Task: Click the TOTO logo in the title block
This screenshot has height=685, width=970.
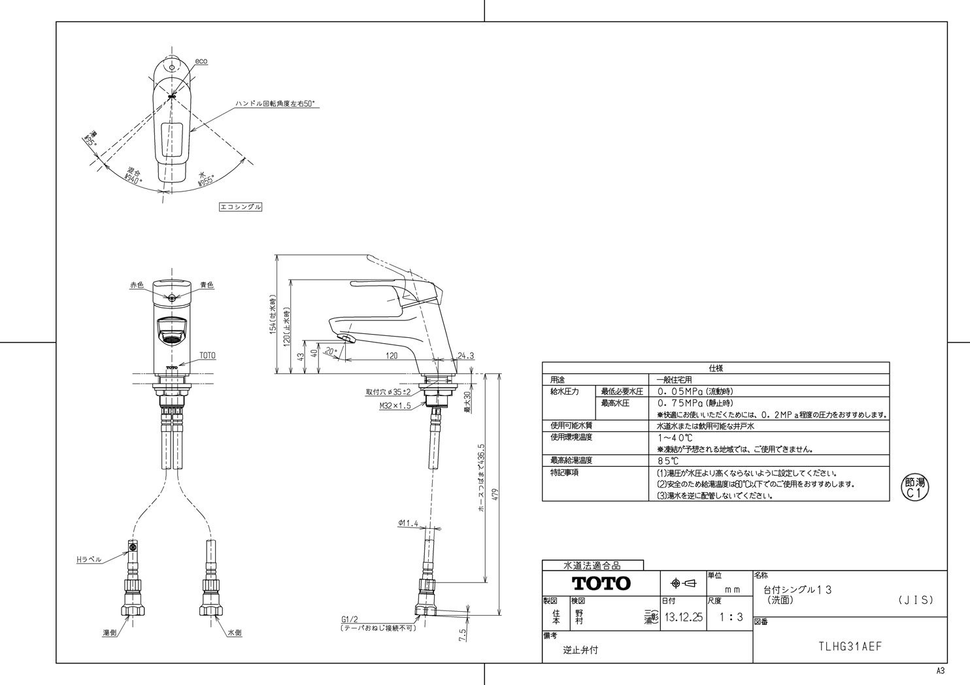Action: [x=601, y=583]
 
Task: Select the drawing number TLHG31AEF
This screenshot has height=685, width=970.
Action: [x=850, y=646]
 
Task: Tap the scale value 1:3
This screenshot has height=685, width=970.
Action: [x=731, y=617]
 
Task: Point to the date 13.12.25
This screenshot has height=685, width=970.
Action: [x=682, y=617]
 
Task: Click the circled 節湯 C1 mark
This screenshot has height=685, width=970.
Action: [x=915, y=488]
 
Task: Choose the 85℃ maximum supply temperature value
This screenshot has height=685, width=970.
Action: [x=668, y=461]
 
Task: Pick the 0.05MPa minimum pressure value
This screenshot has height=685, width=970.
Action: [x=680, y=392]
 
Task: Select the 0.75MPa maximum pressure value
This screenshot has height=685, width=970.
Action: [x=680, y=403]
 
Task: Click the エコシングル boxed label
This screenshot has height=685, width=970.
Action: [x=241, y=207]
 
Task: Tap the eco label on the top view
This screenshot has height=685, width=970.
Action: [x=201, y=61]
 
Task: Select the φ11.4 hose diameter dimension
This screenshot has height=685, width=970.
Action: [x=407, y=524]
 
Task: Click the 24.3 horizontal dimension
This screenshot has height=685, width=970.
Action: [x=465, y=356]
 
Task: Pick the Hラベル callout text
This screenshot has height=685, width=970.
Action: [x=88, y=560]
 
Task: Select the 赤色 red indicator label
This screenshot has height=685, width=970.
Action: [x=136, y=286]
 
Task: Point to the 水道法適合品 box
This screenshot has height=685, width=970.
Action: [x=592, y=565]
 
